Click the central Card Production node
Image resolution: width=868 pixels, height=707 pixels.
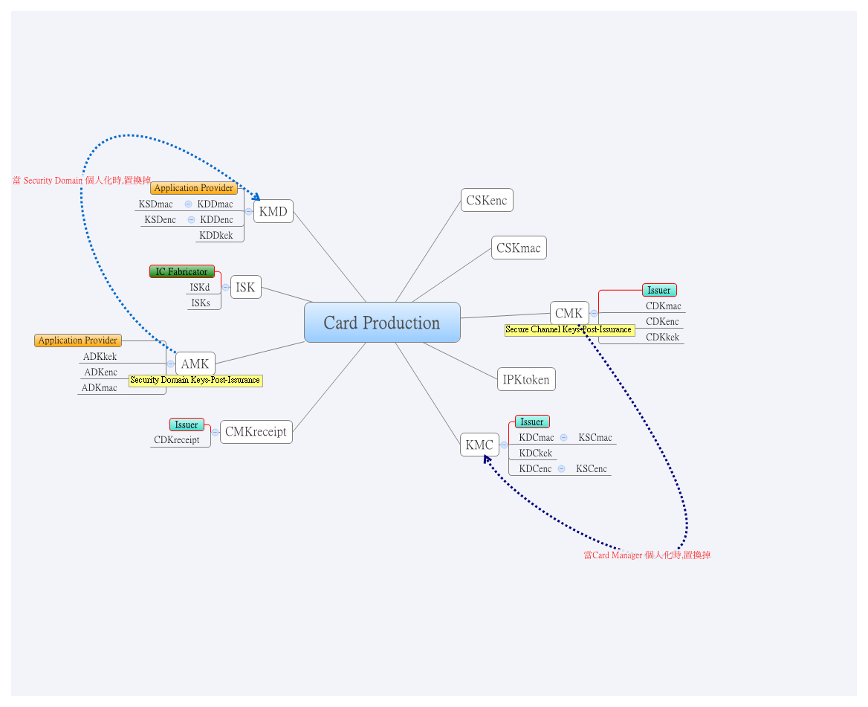pos(382,323)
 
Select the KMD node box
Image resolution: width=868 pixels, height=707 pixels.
pos(273,211)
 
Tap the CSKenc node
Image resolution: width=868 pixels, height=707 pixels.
pos(487,200)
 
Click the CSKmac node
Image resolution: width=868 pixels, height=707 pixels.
pos(519,248)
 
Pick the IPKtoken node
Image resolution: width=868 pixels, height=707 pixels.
pos(526,379)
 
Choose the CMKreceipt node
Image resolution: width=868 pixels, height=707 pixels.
pos(256,431)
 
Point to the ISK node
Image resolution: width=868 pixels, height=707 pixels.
pos(245,287)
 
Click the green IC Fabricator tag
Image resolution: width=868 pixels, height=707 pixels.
pos(182,272)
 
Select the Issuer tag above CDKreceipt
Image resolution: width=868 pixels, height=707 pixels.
pos(187,424)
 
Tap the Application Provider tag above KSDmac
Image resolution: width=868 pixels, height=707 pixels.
pos(194,188)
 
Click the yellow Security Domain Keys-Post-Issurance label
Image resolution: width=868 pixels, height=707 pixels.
pos(195,380)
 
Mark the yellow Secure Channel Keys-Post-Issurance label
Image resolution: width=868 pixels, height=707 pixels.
pos(569,329)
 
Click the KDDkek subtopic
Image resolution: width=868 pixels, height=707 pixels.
pos(216,235)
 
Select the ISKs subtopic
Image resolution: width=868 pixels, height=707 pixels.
pos(201,303)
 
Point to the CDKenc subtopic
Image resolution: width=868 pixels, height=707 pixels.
pos(662,321)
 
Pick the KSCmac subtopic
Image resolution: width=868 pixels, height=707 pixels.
pos(595,437)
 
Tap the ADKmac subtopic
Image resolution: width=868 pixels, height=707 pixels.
pos(100,387)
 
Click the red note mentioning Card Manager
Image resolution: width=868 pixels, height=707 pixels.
pos(647,555)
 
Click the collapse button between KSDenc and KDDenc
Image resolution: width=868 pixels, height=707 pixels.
pos(191,219)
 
